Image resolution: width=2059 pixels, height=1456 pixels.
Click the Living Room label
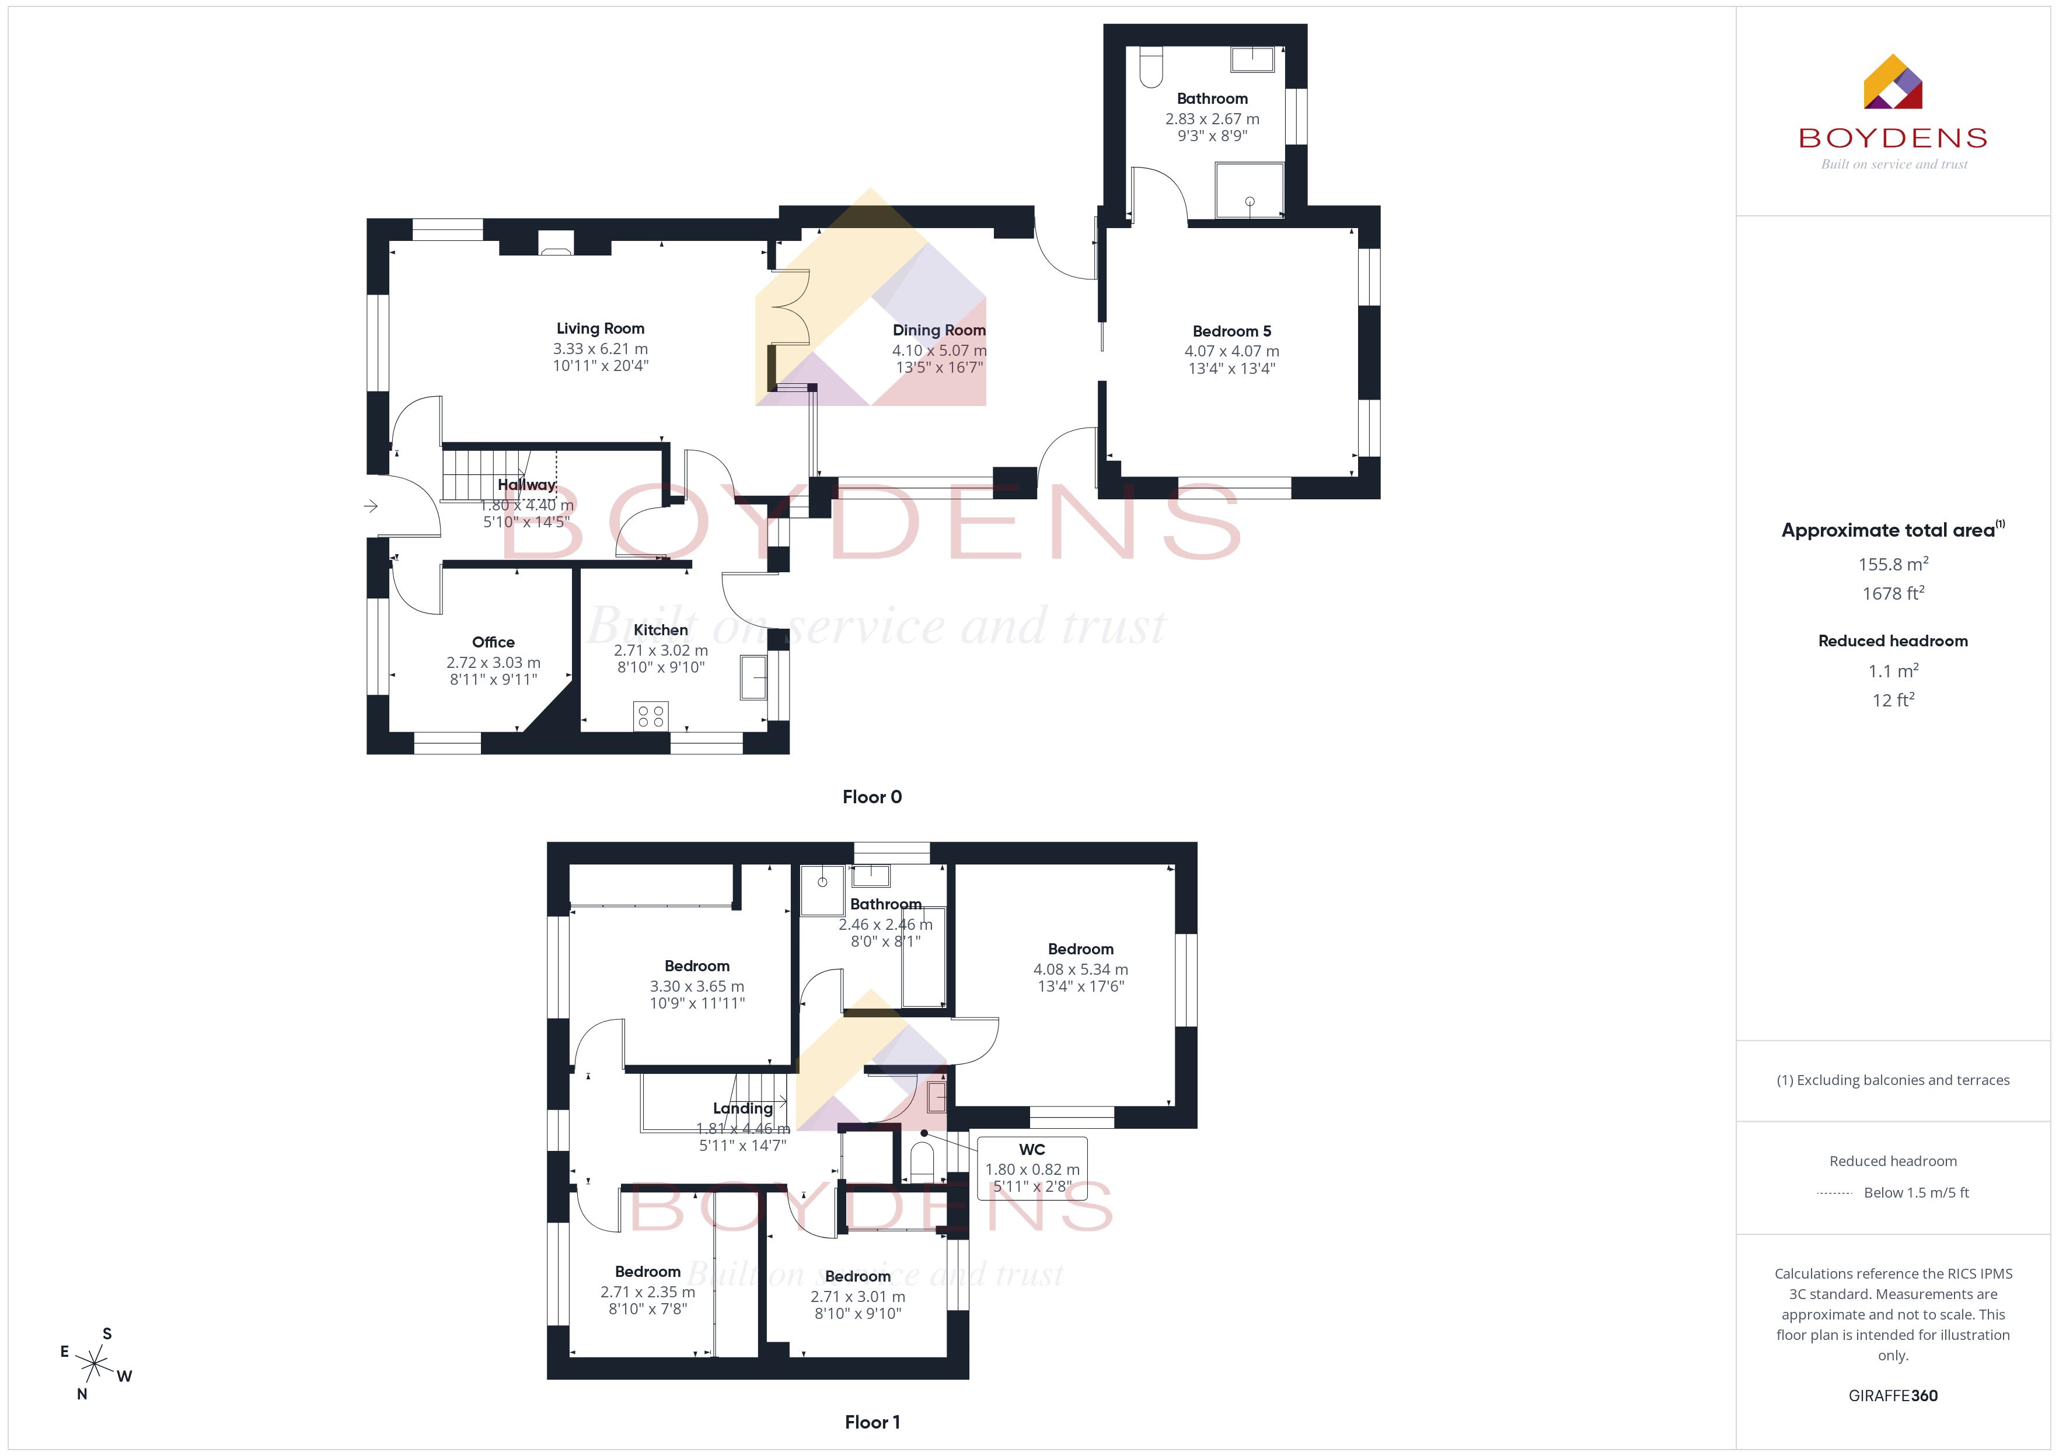(x=600, y=329)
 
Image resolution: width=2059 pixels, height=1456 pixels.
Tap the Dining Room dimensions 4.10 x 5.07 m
(x=939, y=351)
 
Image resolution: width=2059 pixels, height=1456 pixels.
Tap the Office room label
(x=493, y=642)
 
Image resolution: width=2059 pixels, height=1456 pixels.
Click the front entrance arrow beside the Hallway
(x=371, y=506)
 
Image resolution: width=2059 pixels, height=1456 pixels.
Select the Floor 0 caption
(x=872, y=797)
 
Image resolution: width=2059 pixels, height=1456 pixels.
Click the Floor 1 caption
(x=872, y=1422)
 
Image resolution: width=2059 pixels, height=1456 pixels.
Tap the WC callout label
(x=1032, y=1149)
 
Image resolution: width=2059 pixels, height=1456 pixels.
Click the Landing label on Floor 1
(x=742, y=1108)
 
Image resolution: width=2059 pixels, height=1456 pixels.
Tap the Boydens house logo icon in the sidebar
(x=1892, y=82)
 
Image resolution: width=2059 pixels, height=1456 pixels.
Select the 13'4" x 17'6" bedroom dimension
(x=1081, y=986)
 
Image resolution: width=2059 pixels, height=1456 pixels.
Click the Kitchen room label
(x=661, y=630)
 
